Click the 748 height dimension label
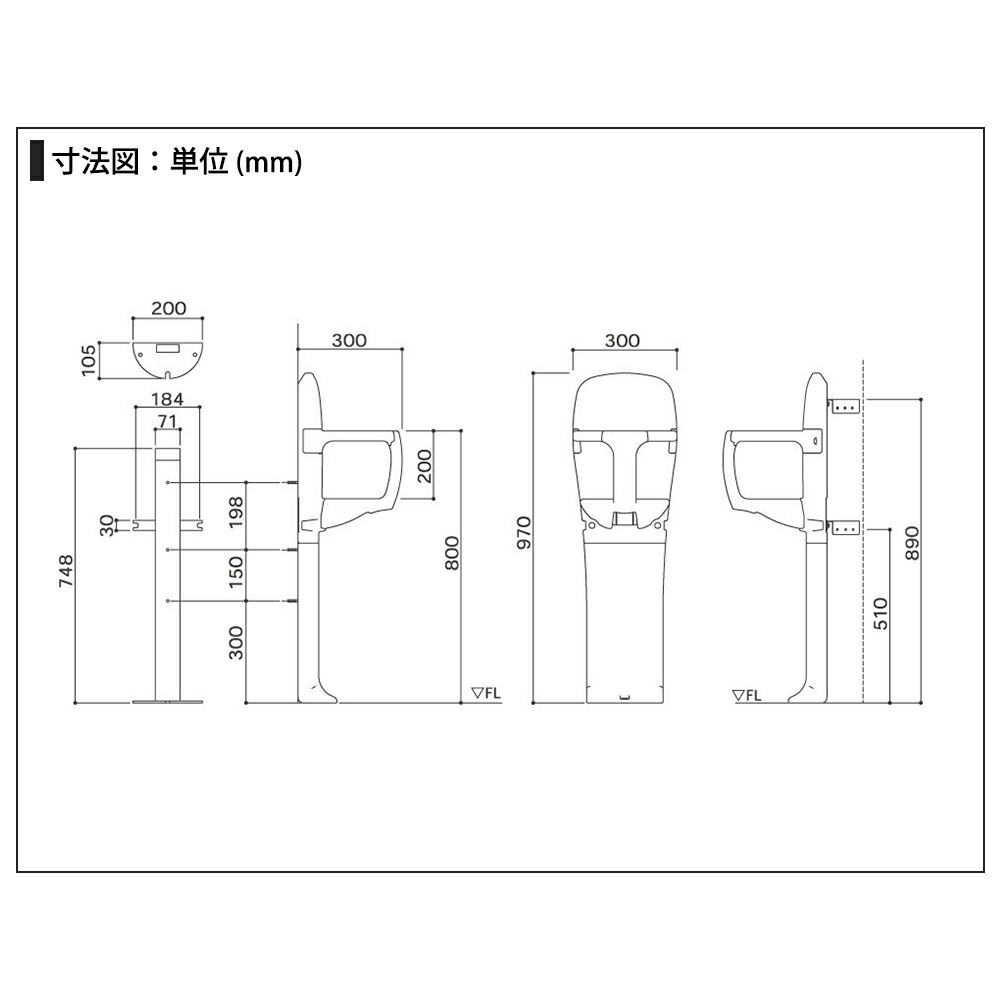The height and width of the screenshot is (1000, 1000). (x=66, y=571)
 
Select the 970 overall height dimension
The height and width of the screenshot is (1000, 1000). (x=524, y=533)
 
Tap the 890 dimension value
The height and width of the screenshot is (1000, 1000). (x=913, y=543)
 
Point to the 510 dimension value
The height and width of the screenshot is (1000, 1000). (x=881, y=614)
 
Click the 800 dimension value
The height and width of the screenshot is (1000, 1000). (x=452, y=553)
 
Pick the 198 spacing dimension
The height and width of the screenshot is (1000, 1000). (x=236, y=511)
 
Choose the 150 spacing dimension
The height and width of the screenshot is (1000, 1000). (x=236, y=571)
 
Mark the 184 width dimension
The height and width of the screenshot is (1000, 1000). (x=167, y=399)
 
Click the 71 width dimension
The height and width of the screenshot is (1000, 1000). (x=167, y=421)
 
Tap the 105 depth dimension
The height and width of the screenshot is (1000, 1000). (x=89, y=360)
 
